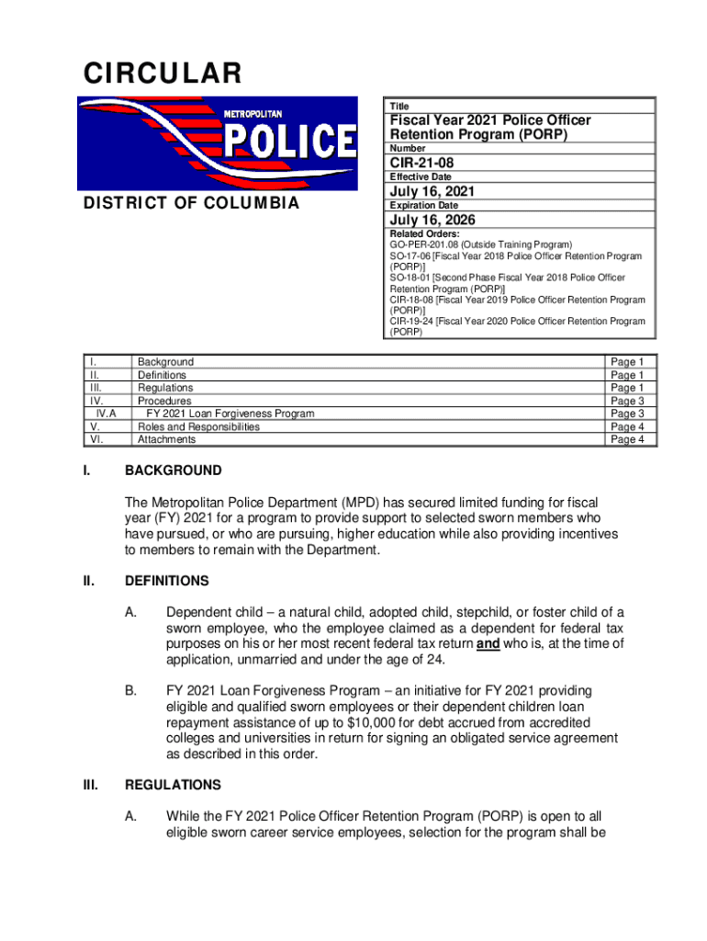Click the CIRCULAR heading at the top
163,74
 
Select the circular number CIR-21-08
421,163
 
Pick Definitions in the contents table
162,375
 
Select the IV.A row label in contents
105,414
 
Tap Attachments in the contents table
166,439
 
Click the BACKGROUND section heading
173,470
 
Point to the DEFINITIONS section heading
167,581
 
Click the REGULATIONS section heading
173,785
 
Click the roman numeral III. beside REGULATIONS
90,785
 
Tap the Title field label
400,107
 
